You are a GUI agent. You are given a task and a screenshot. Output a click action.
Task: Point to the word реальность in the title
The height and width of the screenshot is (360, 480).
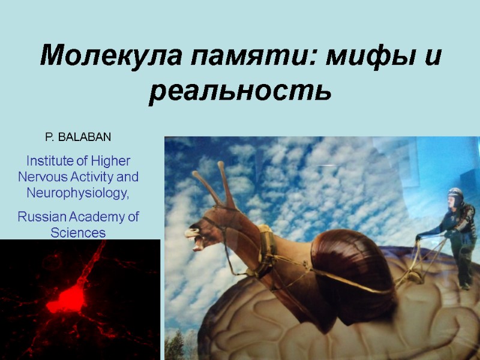coord(240,92)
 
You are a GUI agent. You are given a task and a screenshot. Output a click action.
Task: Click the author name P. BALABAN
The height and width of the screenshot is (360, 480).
coord(78,137)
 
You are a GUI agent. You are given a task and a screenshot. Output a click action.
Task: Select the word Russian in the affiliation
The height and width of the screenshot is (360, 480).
coord(41,217)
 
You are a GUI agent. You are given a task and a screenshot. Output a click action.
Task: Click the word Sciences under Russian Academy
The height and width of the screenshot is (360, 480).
coord(78,232)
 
